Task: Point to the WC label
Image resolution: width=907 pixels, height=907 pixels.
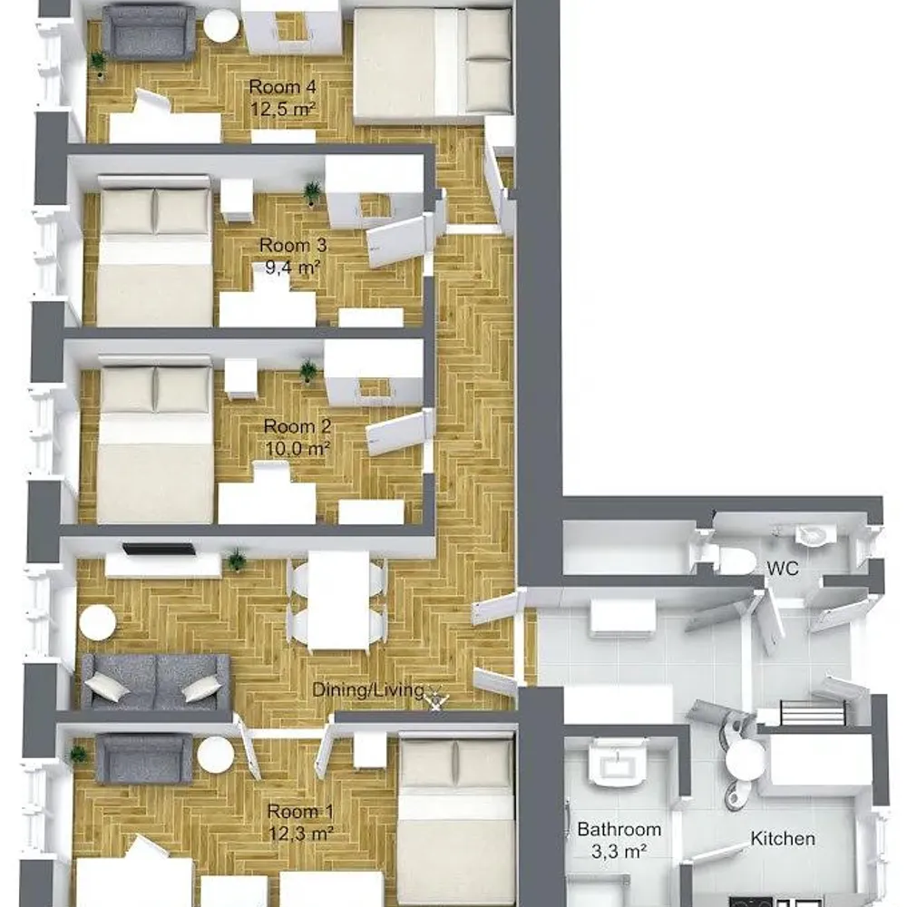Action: coord(783,567)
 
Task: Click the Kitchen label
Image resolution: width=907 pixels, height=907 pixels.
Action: coord(782,839)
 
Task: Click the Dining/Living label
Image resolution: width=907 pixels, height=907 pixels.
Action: coord(368,690)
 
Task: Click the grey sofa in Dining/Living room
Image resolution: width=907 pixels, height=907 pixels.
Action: coord(155,680)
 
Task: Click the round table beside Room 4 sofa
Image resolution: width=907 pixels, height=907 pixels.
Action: coord(221,26)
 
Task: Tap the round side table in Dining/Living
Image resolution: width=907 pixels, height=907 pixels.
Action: coord(97,623)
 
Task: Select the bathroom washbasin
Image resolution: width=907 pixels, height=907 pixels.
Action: coord(616,764)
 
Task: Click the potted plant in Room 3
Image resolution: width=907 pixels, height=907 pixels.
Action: coord(312,191)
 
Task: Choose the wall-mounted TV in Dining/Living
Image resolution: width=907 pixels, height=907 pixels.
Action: coord(159,549)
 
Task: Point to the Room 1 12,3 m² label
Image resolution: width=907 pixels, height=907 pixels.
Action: coord(294,820)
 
